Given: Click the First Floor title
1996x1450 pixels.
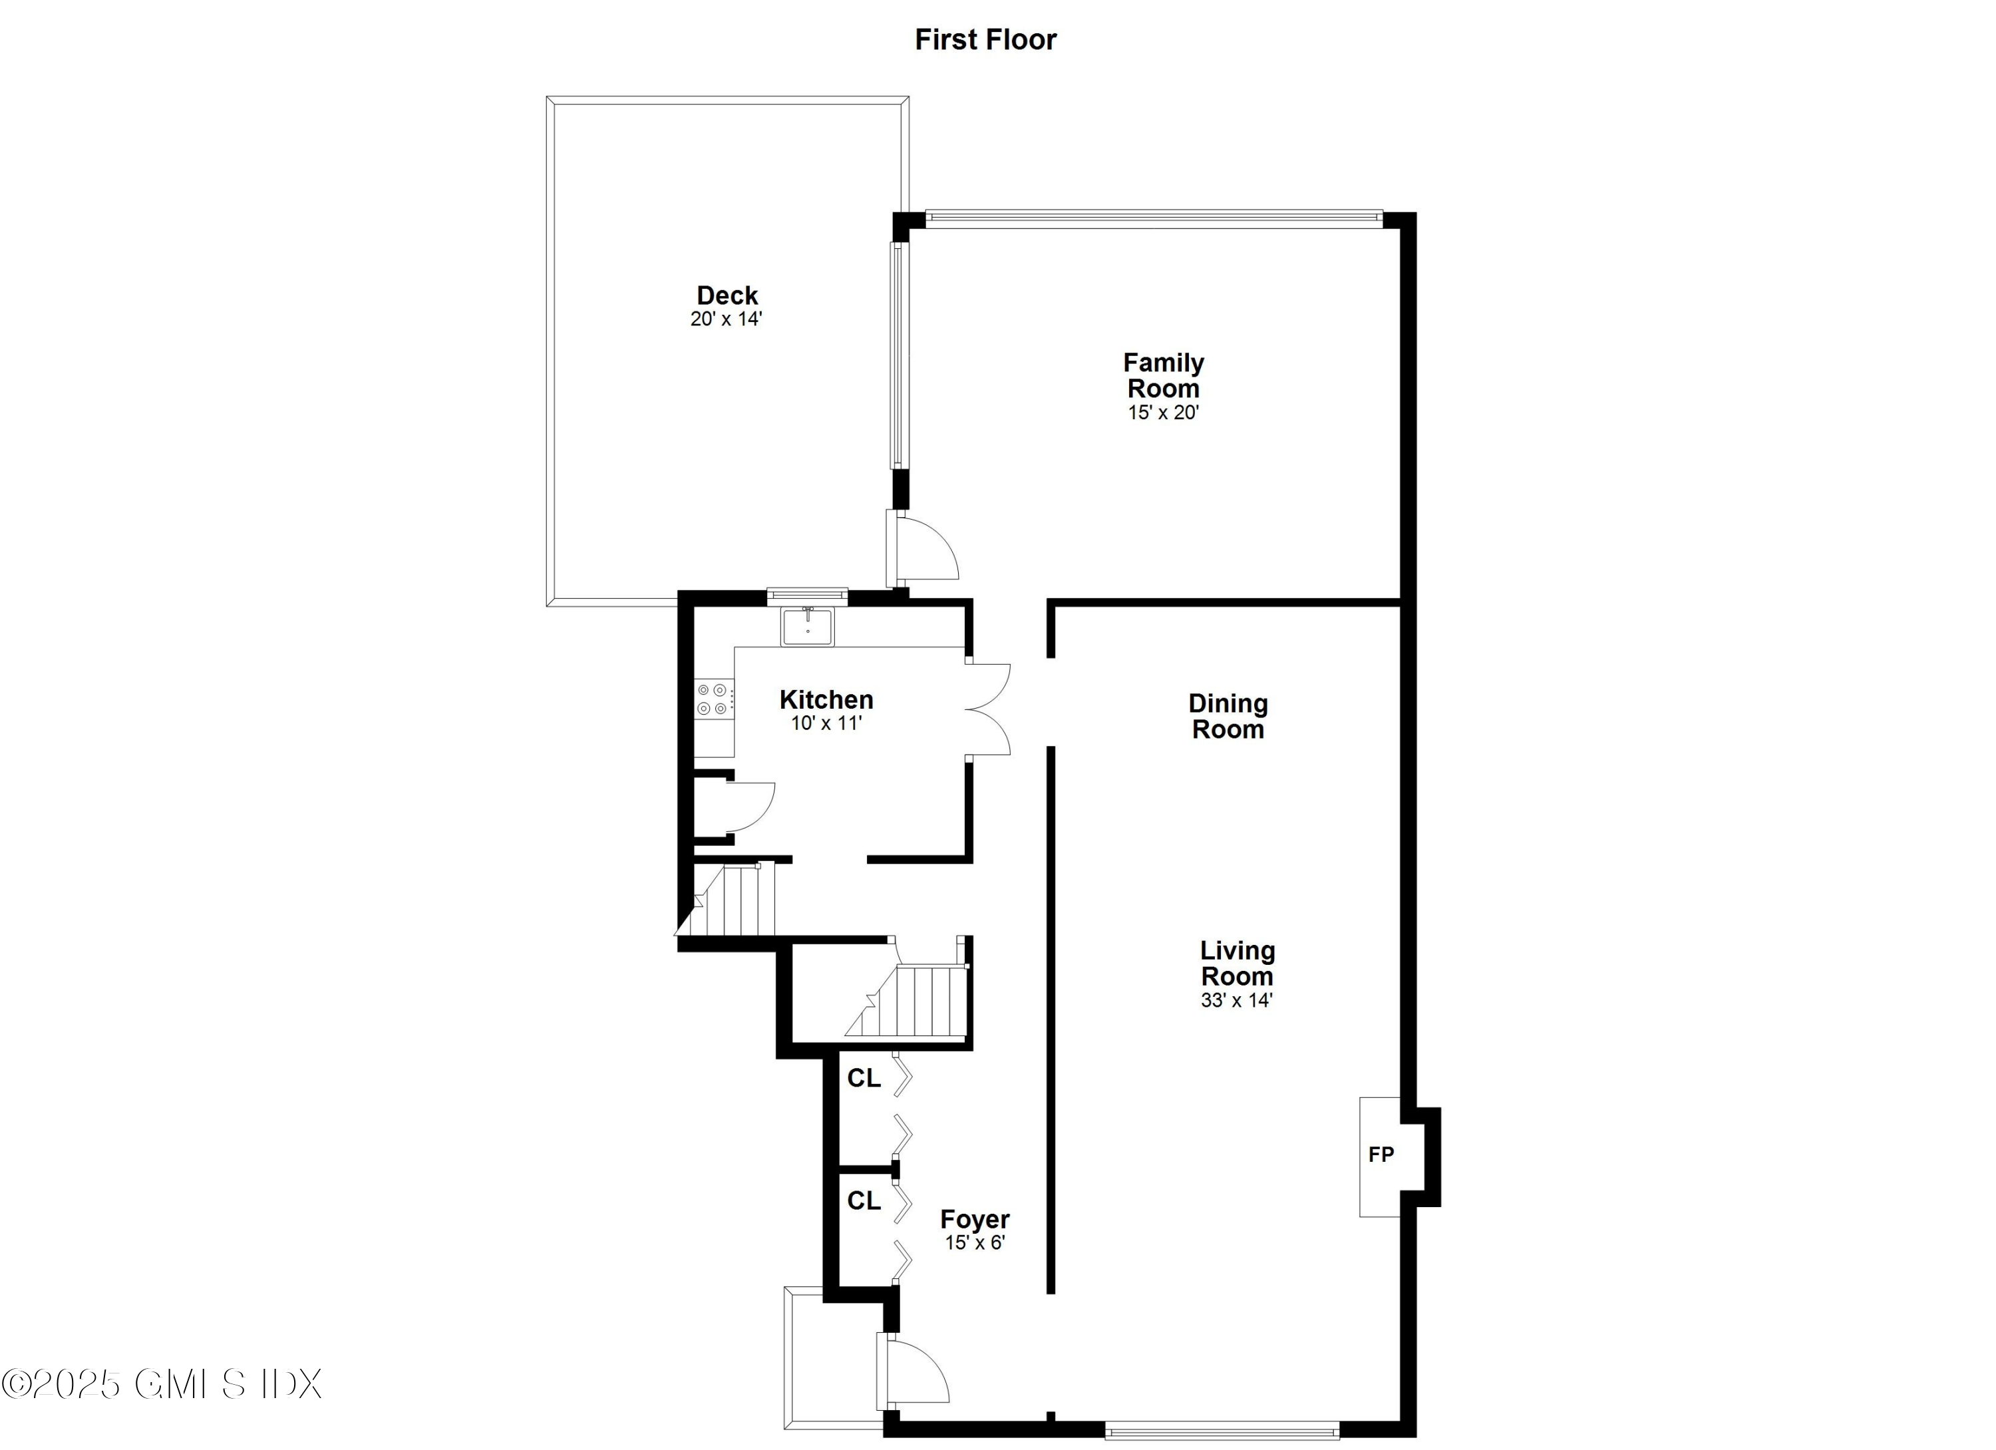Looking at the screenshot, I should click(x=985, y=40).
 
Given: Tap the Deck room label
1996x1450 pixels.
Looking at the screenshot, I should click(x=727, y=295).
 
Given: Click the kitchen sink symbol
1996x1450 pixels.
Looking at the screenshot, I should click(x=807, y=627).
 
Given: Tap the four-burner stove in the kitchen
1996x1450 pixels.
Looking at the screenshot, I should click(x=712, y=699).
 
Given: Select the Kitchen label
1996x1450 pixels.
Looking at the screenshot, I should click(x=826, y=700).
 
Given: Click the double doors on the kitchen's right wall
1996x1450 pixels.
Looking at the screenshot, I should click(x=987, y=709).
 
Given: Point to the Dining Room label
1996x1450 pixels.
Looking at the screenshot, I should click(x=1228, y=716).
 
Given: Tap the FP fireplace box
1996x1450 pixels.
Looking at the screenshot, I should click(x=1380, y=1155).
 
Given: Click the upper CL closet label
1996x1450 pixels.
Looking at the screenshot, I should click(x=864, y=1079).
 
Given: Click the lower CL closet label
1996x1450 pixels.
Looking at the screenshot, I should click(x=864, y=1201).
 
